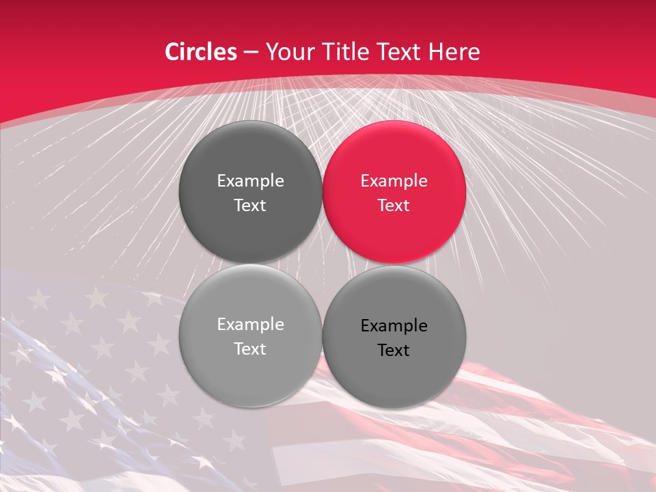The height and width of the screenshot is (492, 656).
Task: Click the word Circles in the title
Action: (x=201, y=52)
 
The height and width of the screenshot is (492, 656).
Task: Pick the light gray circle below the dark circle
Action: (x=250, y=336)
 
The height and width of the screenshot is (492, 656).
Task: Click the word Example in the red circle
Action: (x=394, y=181)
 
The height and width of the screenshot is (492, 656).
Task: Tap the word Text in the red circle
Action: (x=394, y=206)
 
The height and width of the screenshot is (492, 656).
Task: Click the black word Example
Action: (x=394, y=326)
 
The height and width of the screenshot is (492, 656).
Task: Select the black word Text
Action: (x=394, y=351)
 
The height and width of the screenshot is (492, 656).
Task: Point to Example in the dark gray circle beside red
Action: (x=250, y=181)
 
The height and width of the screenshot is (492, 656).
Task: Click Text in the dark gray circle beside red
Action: (x=250, y=206)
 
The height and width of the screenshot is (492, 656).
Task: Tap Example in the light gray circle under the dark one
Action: (x=250, y=325)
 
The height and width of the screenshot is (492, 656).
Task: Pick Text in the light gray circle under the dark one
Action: (x=250, y=349)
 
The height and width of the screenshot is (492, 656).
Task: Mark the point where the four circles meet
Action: (x=322, y=264)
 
